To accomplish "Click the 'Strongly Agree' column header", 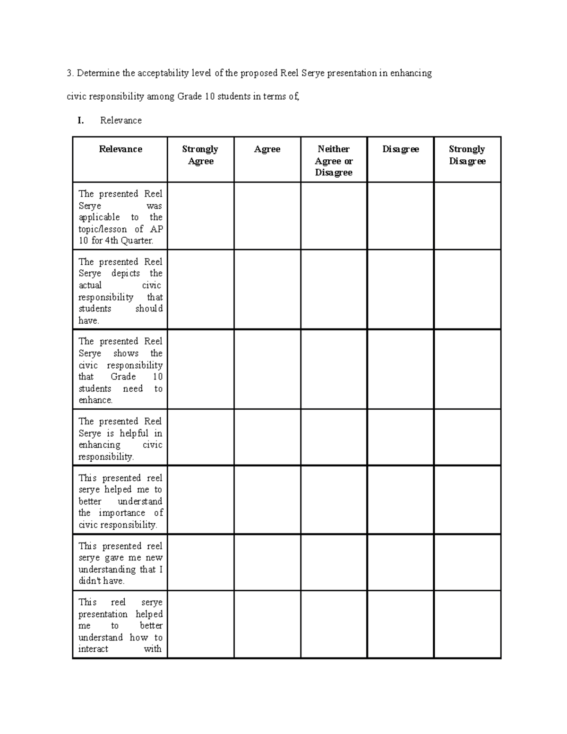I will [x=200, y=155].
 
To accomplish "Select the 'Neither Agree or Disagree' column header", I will [x=334, y=161].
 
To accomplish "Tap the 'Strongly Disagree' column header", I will [x=467, y=155].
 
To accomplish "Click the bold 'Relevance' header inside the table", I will [x=120, y=149].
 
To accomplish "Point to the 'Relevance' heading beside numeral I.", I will [x=121, y=121].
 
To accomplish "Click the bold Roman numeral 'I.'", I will [x=81, y=121].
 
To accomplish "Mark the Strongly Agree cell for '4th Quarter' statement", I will [x=200, y=216].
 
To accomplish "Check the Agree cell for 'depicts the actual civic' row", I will [x=267, y=289].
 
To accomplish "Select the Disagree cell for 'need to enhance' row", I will [x=400, y=369].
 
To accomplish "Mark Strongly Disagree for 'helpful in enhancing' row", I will [x=467, y=437].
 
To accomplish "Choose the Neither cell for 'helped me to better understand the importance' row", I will [x=334, y=500].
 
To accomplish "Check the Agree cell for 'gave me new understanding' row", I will [x=267, y=562].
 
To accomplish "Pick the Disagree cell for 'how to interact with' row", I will [x=400, y=624].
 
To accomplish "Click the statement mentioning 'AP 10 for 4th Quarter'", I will [x=120, y=217].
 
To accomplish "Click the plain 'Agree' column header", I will [x=267, y=149].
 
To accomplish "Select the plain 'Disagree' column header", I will [x=400, y=149].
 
